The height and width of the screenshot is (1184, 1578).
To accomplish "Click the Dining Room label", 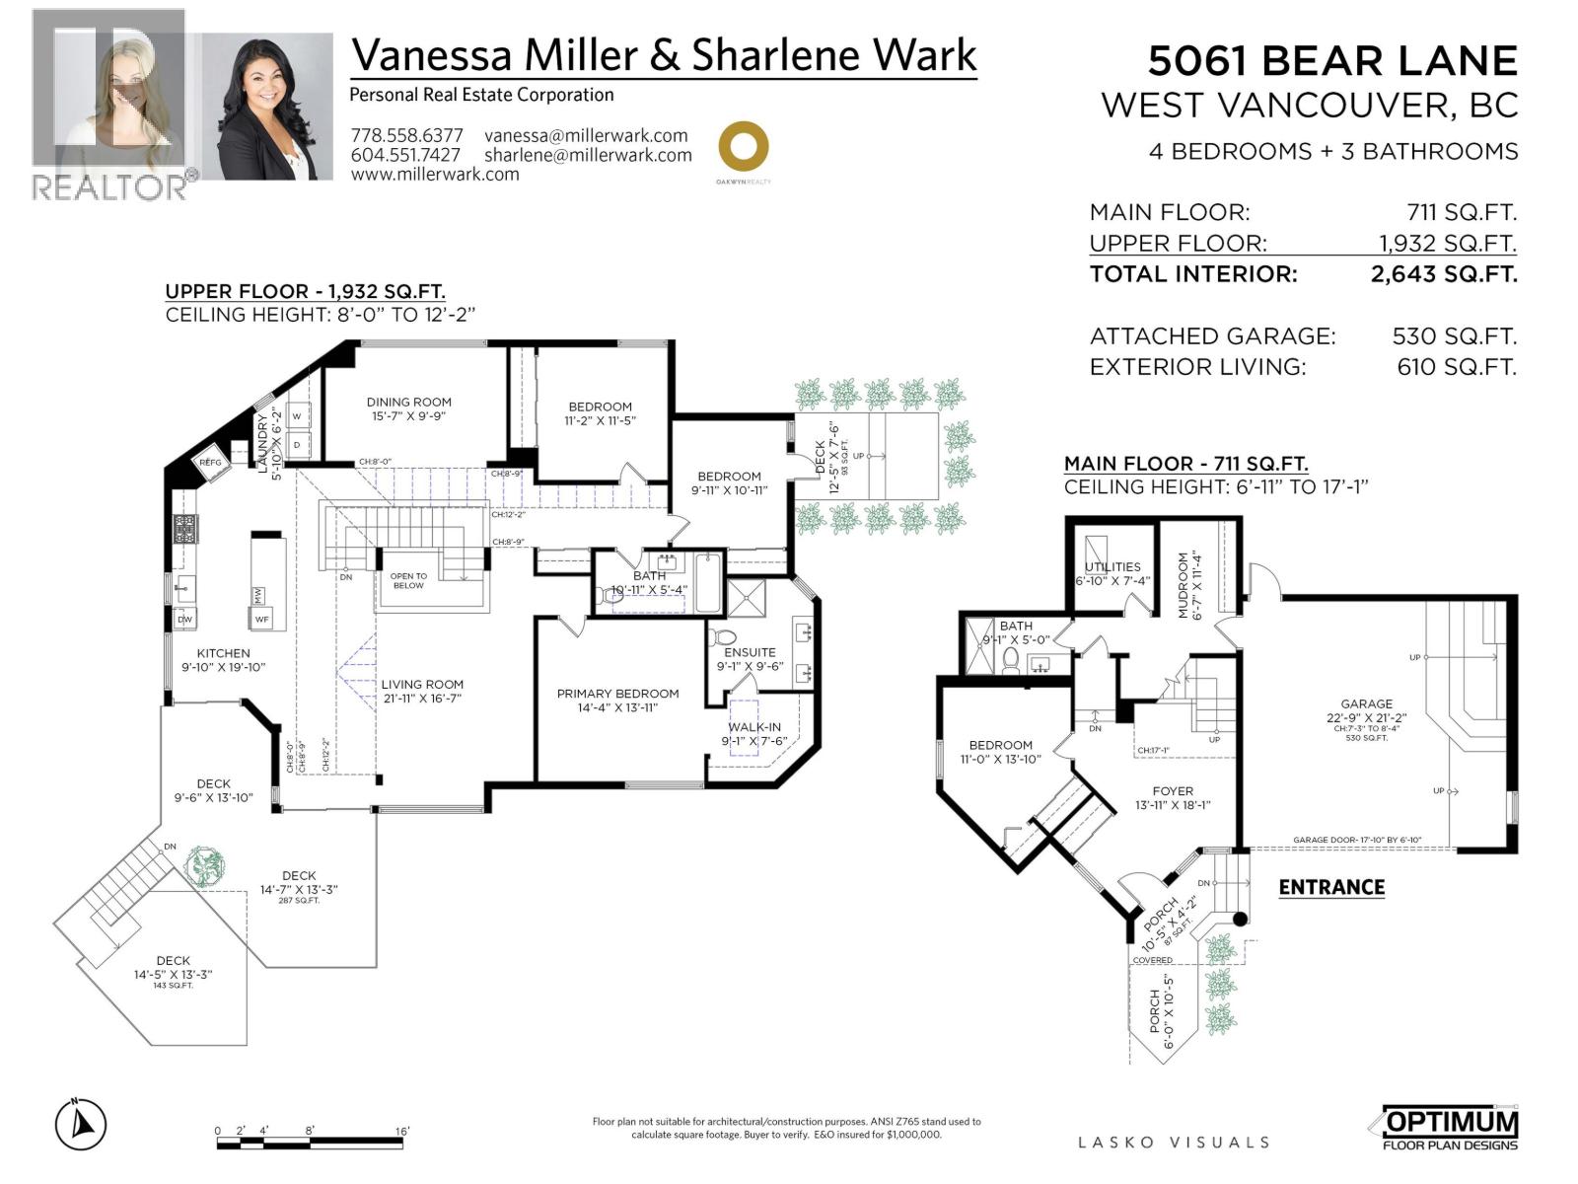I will (409, 402).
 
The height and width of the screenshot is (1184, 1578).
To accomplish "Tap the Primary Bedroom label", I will (617, 694).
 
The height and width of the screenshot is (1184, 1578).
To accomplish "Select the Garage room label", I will (1366, 704).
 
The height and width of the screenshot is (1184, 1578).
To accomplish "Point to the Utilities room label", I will (1112, 566).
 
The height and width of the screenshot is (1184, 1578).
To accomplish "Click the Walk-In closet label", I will (754, 727).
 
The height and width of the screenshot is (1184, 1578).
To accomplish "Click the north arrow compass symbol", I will (81, 1124).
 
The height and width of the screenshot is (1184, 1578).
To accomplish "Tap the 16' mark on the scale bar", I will (402, 1131).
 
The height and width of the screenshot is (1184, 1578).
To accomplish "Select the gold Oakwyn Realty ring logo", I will (743, 147).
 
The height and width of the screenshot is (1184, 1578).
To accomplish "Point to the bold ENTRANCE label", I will (1331, 887).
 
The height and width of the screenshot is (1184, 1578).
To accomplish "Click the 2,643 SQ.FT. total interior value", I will (1443, 274).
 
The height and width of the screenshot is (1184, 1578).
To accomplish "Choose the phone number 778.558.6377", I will (406, 136).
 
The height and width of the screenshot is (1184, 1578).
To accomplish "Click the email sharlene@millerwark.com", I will (588, 155).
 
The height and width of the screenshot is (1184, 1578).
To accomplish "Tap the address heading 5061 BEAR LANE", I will (1331, 61).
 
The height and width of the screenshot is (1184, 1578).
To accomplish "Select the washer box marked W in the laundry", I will (297, 416).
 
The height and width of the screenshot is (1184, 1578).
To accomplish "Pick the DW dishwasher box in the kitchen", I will (184, 619).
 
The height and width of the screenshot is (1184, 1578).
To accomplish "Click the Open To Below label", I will (408, 581).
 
